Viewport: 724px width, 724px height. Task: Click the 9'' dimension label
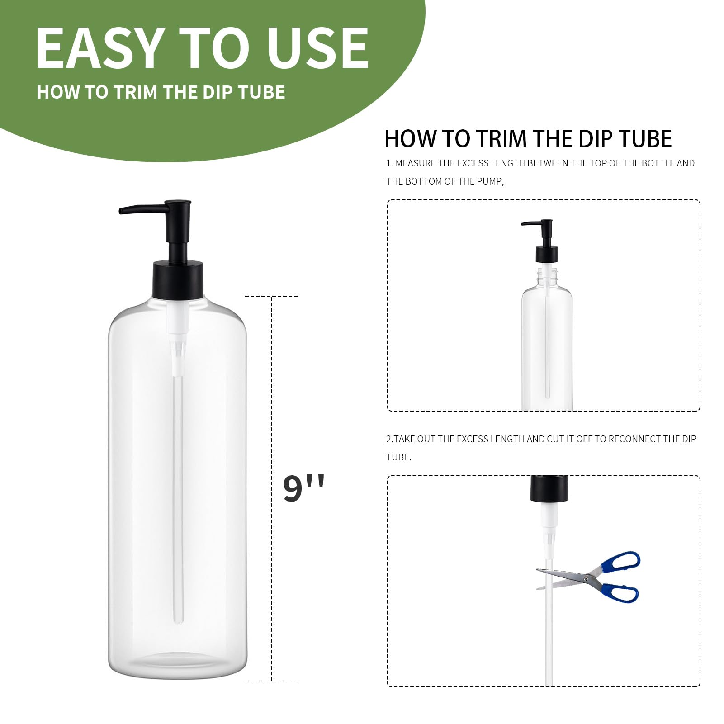click(x=303, y=489)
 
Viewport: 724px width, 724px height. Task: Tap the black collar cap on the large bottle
click(x=177, y=280)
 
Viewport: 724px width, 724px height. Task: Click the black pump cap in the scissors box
click(x=549, y=488)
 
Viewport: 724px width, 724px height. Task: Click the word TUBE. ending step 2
click(x=398, y=457)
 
